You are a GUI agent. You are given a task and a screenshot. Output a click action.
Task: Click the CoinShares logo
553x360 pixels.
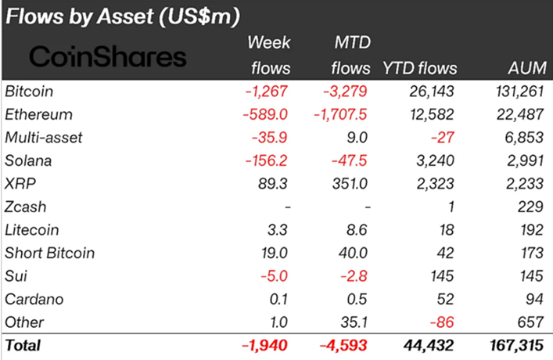coord(108,56)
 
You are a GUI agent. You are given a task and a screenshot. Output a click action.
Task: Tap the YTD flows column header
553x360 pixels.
coord(420,68)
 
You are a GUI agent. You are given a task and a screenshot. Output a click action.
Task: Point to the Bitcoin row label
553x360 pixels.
coord(26,92)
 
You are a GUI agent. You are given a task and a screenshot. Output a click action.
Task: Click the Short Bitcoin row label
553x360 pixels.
coord(49,253)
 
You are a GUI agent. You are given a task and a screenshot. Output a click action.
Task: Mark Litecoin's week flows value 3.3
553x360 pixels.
coord(278,230)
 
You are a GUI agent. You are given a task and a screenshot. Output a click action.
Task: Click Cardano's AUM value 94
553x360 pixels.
coord(533,299)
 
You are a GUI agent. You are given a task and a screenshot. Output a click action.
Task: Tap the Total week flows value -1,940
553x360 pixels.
coord(266,345)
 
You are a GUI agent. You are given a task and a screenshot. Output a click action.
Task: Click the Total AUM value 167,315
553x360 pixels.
coord(514,345)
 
